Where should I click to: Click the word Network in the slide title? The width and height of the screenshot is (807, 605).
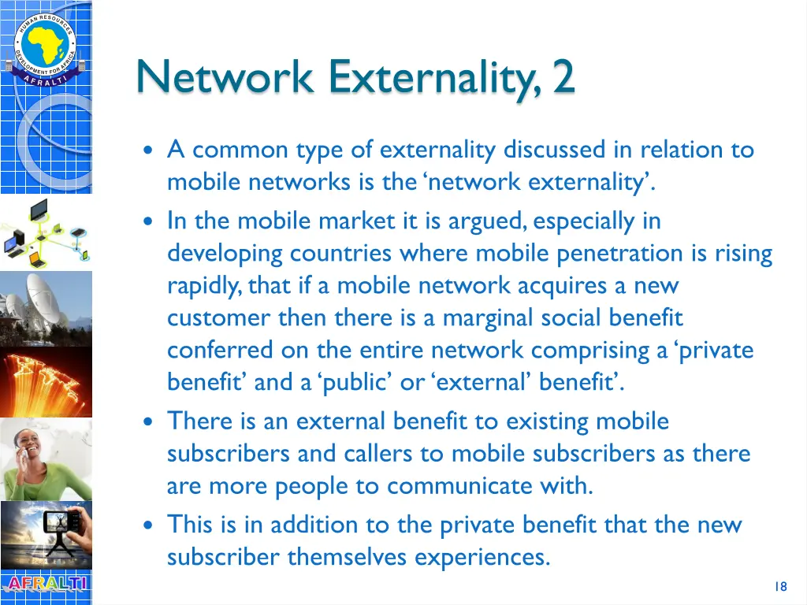(x=226, y=77)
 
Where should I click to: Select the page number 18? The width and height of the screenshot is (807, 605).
(x=780, y=586)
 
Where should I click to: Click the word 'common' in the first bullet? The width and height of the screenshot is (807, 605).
(x=240, y=150)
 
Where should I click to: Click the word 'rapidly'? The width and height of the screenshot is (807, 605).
(x=204, y=286)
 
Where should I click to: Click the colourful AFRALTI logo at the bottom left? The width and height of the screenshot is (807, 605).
(x=45, y=585)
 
